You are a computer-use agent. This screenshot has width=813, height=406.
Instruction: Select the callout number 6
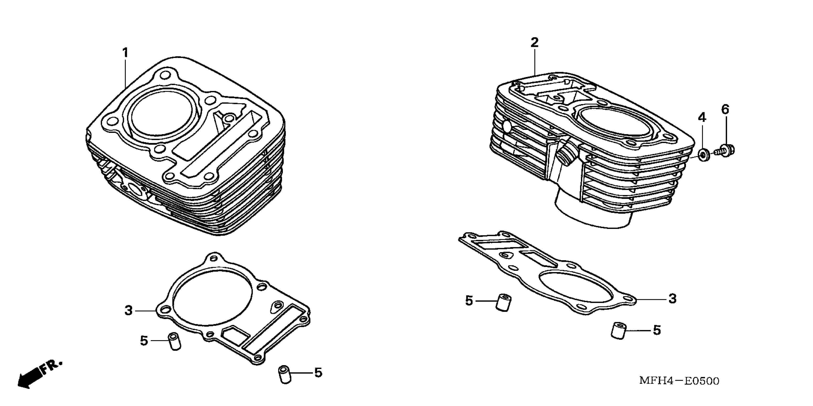725,109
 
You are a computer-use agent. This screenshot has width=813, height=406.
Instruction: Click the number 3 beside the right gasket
672,299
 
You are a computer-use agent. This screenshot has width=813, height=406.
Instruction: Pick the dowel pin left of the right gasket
504,303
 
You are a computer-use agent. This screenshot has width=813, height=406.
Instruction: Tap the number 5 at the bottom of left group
318,373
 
